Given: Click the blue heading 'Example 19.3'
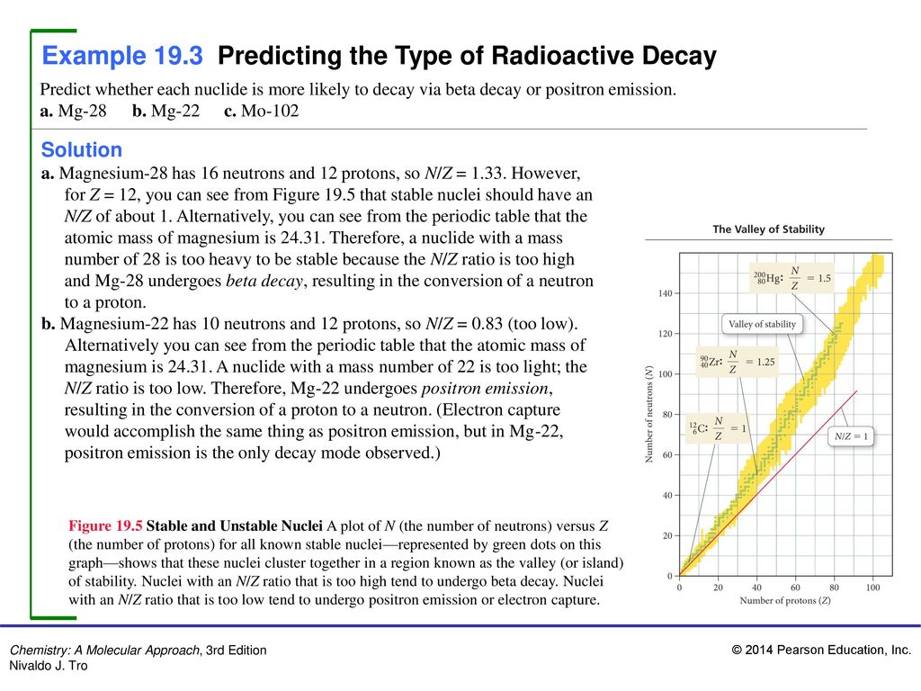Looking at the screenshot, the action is [122, 56].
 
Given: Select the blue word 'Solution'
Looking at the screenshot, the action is [82, 150].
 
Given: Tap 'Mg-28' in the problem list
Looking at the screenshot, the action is [82, 111].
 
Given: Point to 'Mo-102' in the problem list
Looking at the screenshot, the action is [270, 111].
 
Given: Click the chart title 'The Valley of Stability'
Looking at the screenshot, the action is [768, 229].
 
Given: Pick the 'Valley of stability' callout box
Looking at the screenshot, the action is [762, 324].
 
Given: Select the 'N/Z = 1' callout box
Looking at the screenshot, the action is [851, 436].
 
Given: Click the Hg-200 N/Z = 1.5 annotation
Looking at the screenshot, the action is [792, 278].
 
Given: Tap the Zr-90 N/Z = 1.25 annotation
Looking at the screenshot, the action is [737, 362].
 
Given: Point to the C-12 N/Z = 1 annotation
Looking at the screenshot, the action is [717, 428].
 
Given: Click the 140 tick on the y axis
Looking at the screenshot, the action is [665, 293].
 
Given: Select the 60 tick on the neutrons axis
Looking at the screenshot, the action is [668, 454].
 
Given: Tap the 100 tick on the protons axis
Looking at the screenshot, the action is [872, 587].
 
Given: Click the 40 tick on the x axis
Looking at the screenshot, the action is [756, 587].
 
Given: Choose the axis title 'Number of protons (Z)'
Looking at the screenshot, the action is [785, 600].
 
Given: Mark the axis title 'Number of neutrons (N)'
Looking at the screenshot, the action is [649, 414].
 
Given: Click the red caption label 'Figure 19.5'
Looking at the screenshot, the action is [105, 525].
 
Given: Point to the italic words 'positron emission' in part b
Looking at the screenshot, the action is [487, 389].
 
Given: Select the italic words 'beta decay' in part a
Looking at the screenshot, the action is [264, 281].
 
